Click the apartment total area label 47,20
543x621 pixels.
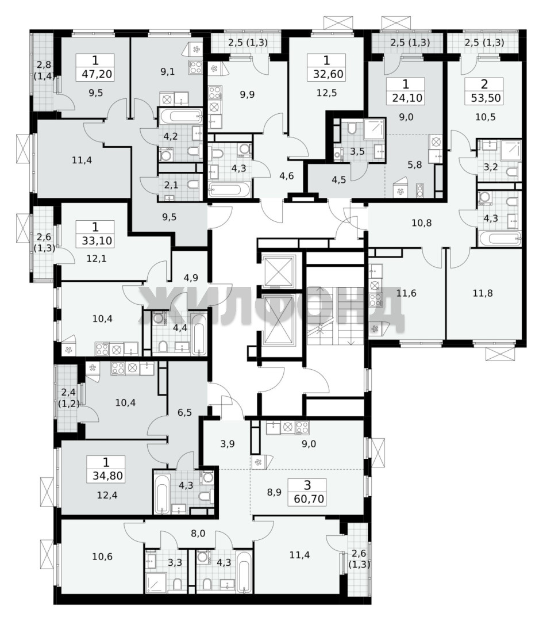point(95,74)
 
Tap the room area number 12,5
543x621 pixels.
point(326,93)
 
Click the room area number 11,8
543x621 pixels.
point(483,293)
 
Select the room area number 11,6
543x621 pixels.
point(406,293)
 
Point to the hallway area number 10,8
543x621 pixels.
point(422,223)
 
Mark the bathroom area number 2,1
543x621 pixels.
point(171,185)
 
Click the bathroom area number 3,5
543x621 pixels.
point(357,151)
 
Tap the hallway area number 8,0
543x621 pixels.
point(198,534)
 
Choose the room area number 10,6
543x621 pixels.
point(102,557)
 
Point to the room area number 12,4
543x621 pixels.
point(107,495)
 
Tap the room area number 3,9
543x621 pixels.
point(228,444)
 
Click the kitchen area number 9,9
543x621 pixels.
point(247,95)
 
